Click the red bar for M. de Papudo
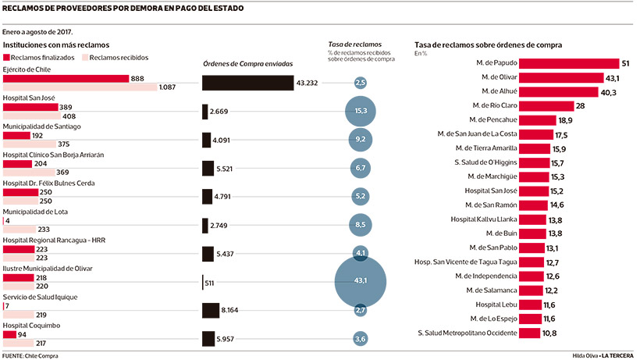click(x=569, y=63)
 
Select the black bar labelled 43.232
click(x=247, y=83)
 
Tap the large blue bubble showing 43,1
click(x=361, y=282)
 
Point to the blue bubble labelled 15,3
click(x=361, y=111)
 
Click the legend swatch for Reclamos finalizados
click(x=6, y=58)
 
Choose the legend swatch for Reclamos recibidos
click(x=85, y=58)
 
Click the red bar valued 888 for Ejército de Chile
click(x=66, y=79)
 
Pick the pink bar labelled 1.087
click(x=80, y=87)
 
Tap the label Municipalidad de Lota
click(x=35, y=212)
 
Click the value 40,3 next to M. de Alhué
click(x=608, y=93)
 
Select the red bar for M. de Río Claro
click(x=546, y=106)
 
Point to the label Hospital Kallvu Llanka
click(x=484, y=219)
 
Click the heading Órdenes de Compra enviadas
click(x=247, y=64)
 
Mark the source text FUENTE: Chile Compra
click(x=30, y=356)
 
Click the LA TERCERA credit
click(x=617, y=356)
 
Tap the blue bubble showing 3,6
click(x=360, y=339)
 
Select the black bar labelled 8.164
click(x=211, y=311)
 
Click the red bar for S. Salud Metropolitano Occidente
click(x=530, y=333)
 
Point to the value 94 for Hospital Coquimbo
click(x=22, y=335)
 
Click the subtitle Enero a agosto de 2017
click(x=37, y=32)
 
